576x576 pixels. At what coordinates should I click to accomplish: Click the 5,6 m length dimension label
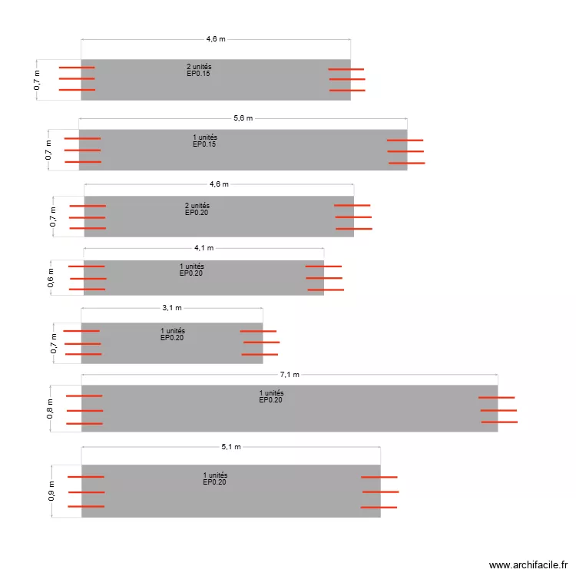[243, 118]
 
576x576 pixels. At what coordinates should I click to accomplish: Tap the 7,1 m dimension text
[290, 374]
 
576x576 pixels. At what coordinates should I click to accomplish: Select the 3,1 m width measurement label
[172, 307]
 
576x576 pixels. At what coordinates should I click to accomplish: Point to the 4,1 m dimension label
[204, 247]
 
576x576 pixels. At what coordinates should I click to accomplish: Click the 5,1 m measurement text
[231, 447]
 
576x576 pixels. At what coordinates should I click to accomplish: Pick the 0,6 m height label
[51, 278]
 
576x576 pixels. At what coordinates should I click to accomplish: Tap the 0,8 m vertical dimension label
[50, 409]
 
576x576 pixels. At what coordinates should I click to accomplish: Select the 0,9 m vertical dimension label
[51, 491]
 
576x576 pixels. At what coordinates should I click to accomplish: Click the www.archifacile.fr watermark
[528, 564]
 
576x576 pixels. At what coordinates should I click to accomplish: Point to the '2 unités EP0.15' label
[199, 70]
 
